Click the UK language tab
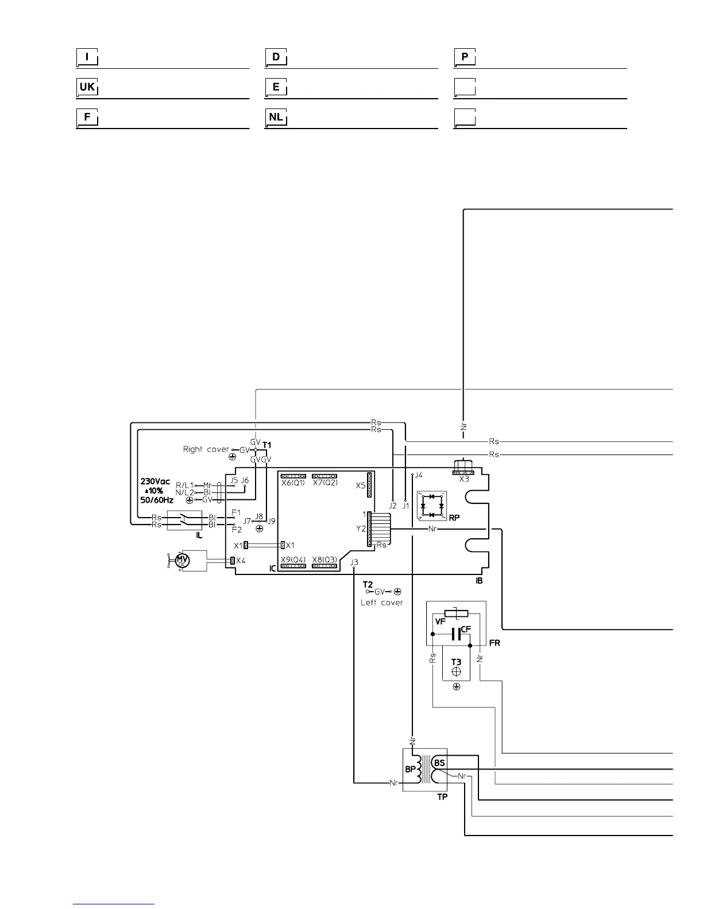tap(87, 87)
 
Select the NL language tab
tap(276, 117)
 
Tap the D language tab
tap(276, 57)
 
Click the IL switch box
tap(184, 520)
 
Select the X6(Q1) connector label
tap(293, 483)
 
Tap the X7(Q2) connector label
tap(325, 483)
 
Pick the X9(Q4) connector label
tap(293, 560)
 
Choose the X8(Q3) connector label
tap(325, 560)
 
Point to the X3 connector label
tap(465, 479)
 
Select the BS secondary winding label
tap(439, 763)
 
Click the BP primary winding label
tap(411, 769)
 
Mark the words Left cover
tap(382, 603)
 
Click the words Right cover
tap(206, 449)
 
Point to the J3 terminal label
tap(354, 562)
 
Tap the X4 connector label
tap(240, 561)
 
